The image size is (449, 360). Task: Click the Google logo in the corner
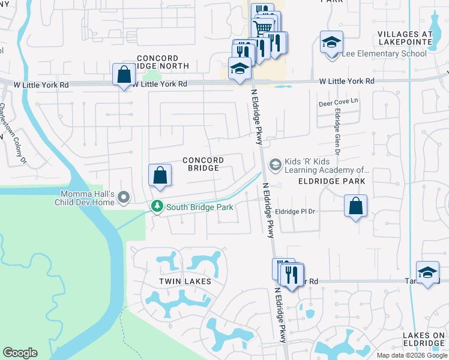(x=20, y=353)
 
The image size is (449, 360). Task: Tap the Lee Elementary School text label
(x=384, y=54)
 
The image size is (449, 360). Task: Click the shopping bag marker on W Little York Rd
(x=124, y=76)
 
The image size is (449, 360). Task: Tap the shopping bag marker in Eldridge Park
(x=356, y=206)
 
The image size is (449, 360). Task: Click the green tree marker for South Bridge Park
(x=157, y=206)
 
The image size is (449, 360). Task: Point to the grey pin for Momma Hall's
(x=124, y=197)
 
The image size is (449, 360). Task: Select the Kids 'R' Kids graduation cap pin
(x=275, y=164)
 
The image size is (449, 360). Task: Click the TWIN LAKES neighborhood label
(x=185, y=281)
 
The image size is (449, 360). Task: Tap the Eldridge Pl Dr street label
(x=295, y=212)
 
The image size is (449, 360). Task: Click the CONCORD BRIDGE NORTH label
(x=163, y=62)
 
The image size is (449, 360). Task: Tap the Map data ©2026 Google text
(x=411, y=355)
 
